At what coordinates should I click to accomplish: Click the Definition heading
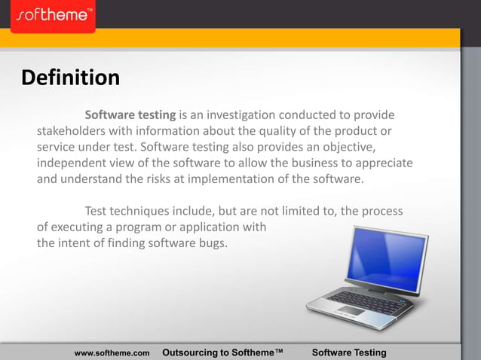[x=71, y=78]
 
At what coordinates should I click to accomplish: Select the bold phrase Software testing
[x=130, y=115]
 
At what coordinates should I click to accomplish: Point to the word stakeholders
[x=73, y=132]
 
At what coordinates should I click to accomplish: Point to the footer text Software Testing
[x=349, y=352]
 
